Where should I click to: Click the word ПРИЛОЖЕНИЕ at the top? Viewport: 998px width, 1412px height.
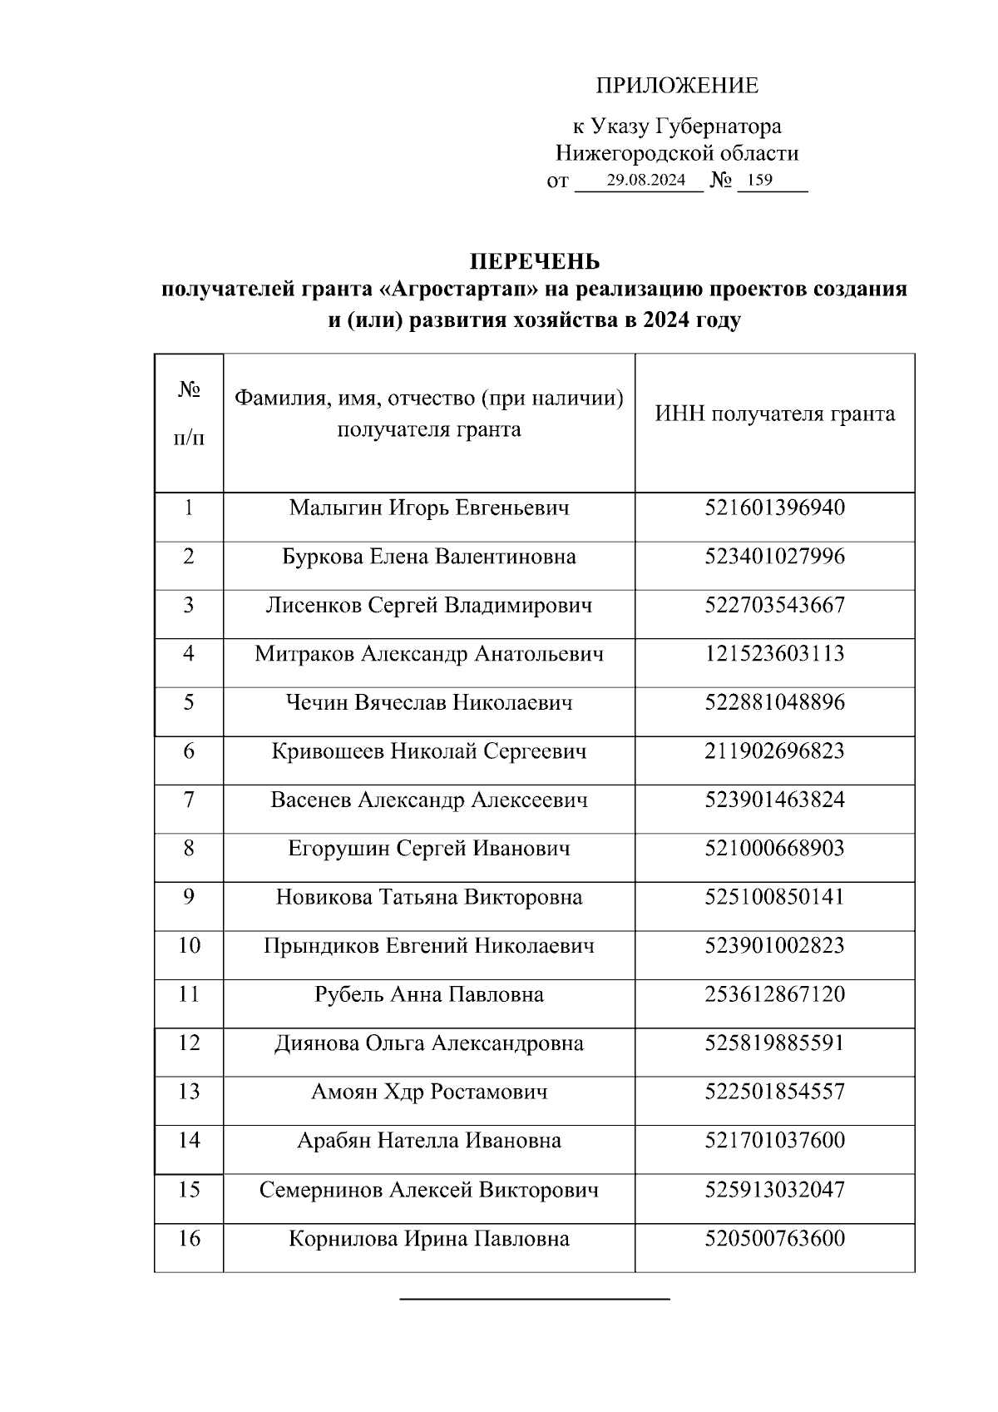pos(677,86)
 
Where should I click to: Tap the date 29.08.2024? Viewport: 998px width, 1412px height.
pos(645,180)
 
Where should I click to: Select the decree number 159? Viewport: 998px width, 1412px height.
pos(759,180)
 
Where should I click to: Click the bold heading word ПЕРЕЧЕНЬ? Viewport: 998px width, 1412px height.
pos(535,262)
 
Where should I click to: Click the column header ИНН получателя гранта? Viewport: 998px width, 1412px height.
pos(774,414)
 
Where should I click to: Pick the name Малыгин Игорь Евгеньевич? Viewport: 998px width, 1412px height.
pos(429,508)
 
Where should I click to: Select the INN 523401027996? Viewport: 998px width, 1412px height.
pos(774,557)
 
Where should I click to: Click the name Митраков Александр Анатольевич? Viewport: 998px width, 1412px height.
pos(429,654)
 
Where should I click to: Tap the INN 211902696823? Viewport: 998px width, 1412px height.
pos(774,751)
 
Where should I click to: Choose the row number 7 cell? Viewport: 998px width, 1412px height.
pos(189,800)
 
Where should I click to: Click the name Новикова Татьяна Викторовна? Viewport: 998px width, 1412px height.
pos(429,898)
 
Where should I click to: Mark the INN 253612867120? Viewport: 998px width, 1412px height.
pos(774,994)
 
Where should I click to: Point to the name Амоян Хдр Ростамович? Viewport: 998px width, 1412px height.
pos(429,1092)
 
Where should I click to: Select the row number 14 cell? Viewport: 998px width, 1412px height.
pos(189,1140)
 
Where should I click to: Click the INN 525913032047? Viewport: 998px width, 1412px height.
pos(774,1190)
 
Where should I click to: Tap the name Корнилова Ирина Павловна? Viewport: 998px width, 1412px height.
pos(429,1239)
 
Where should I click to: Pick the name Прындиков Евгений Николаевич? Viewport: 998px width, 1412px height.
pos(429,946)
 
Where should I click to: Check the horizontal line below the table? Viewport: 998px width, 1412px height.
pos(535,1298)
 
